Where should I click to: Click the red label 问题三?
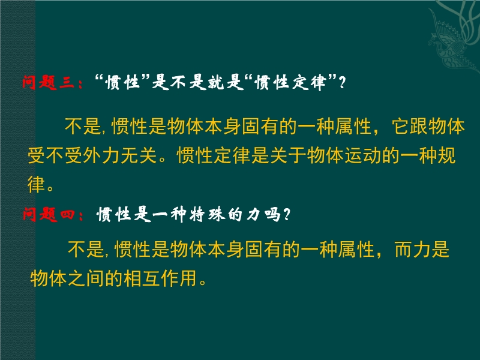pos(49,82)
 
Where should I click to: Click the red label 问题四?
pos(49,214)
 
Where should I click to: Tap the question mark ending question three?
pos(342,82)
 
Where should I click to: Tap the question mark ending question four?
pos(287,214)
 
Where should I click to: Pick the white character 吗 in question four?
pos(272,214)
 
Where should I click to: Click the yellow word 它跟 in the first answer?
pos(410,126)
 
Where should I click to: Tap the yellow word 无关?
pos(139,155)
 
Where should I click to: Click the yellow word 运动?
pos(364,155)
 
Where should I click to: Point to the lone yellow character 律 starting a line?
pos(37,184)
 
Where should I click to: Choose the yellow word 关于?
pos(289,155)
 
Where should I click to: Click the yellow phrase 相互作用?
pos(160,278)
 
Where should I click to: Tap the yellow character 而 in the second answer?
pos(403,250)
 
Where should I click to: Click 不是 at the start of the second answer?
pos(86,250)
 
